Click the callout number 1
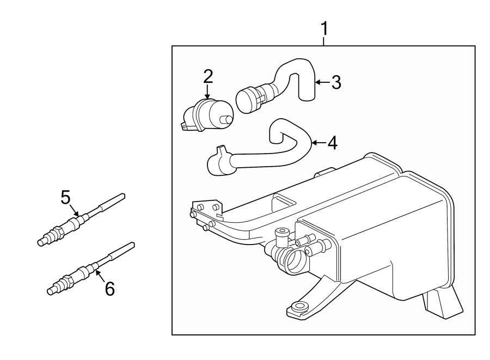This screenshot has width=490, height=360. [324, 28]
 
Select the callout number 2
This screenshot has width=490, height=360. [207, 76]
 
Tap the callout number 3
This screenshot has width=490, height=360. [336, 83]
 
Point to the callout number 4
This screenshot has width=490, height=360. [332, 143]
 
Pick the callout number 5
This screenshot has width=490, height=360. [66, 197]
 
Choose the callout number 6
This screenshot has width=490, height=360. [109, 289]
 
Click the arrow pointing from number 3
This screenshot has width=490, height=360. [321, 83]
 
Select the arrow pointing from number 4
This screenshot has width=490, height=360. [317, 143]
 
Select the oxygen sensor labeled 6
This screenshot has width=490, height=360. [82, 272]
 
